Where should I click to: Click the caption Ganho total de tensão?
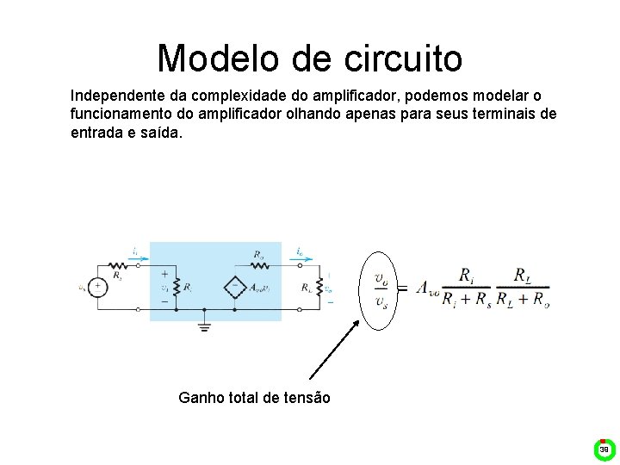pyautogui.click(x=254, y=397)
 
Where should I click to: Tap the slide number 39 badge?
pyautogui.click(x=604, y=449)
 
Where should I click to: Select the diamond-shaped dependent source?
pyautogui.click(x=235, y=288)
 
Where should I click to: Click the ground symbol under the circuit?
pyautogui.click(x=204, y=325)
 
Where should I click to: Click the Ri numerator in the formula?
pyautogui.click(x=466, y=276)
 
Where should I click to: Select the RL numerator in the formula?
pyautogui.click(x=522, y=276)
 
